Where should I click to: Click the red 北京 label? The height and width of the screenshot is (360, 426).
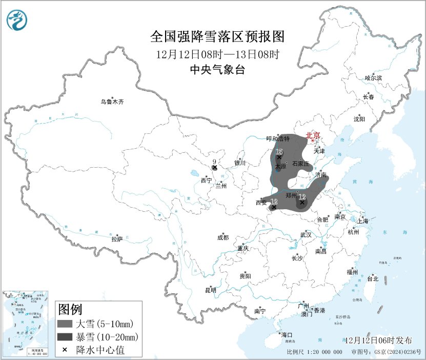313,135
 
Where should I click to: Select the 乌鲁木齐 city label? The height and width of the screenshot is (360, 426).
112,102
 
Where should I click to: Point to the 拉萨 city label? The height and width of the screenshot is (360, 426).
117,239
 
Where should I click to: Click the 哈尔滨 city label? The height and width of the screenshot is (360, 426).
373,78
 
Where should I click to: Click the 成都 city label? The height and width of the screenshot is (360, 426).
223,237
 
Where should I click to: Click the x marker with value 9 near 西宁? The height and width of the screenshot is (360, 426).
215,167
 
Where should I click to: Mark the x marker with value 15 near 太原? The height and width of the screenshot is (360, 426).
279,157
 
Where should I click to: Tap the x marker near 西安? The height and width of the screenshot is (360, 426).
274,207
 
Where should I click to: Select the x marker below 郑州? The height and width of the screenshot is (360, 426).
302,202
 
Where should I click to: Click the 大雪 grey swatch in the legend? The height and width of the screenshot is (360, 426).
65,324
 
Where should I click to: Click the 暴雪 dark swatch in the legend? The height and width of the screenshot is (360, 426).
65,337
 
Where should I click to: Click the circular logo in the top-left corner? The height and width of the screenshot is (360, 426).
17,20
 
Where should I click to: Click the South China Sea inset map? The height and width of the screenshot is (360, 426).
26,324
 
